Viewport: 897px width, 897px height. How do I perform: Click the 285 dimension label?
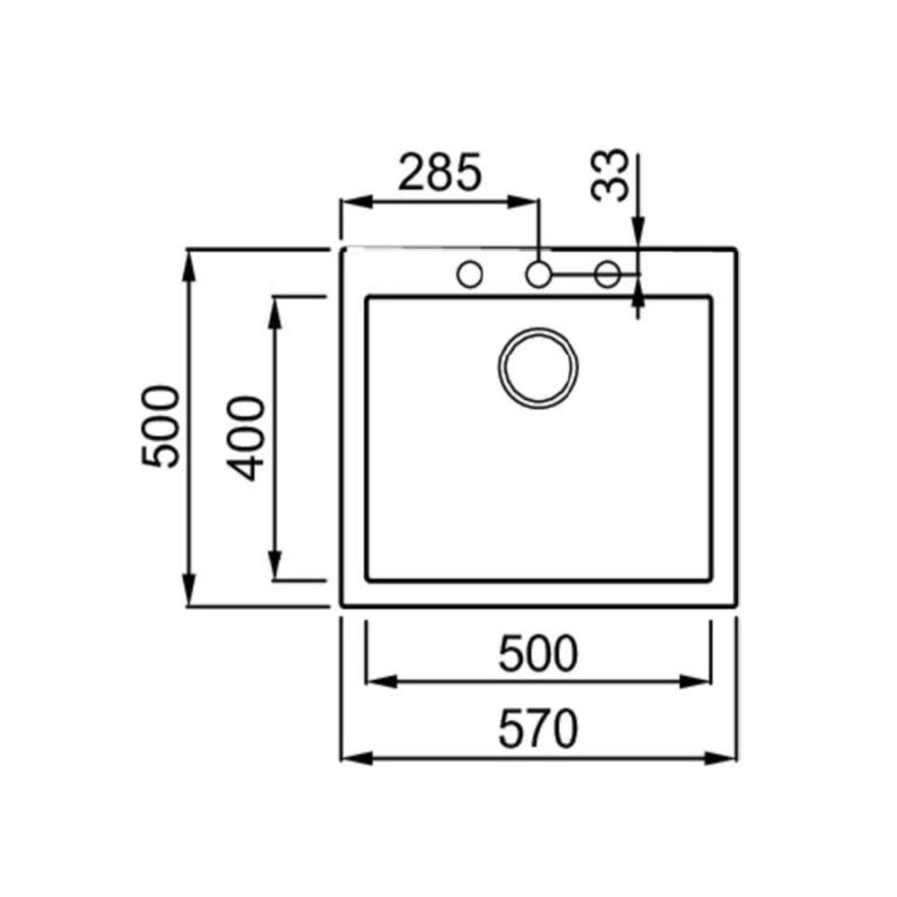tap(440, 172)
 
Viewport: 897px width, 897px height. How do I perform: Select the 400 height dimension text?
tap(246, 438)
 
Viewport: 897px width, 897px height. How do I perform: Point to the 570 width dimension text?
tap(538, 730)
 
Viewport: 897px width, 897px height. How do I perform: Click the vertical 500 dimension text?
tap(161, 426)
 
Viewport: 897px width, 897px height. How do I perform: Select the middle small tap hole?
tap(538, 274)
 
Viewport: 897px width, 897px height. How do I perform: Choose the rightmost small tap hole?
tap(607, 274)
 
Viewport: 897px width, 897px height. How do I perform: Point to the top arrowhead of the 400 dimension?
tap(276, 308)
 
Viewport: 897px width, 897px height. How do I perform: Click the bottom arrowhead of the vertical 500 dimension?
tap(189, 596)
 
